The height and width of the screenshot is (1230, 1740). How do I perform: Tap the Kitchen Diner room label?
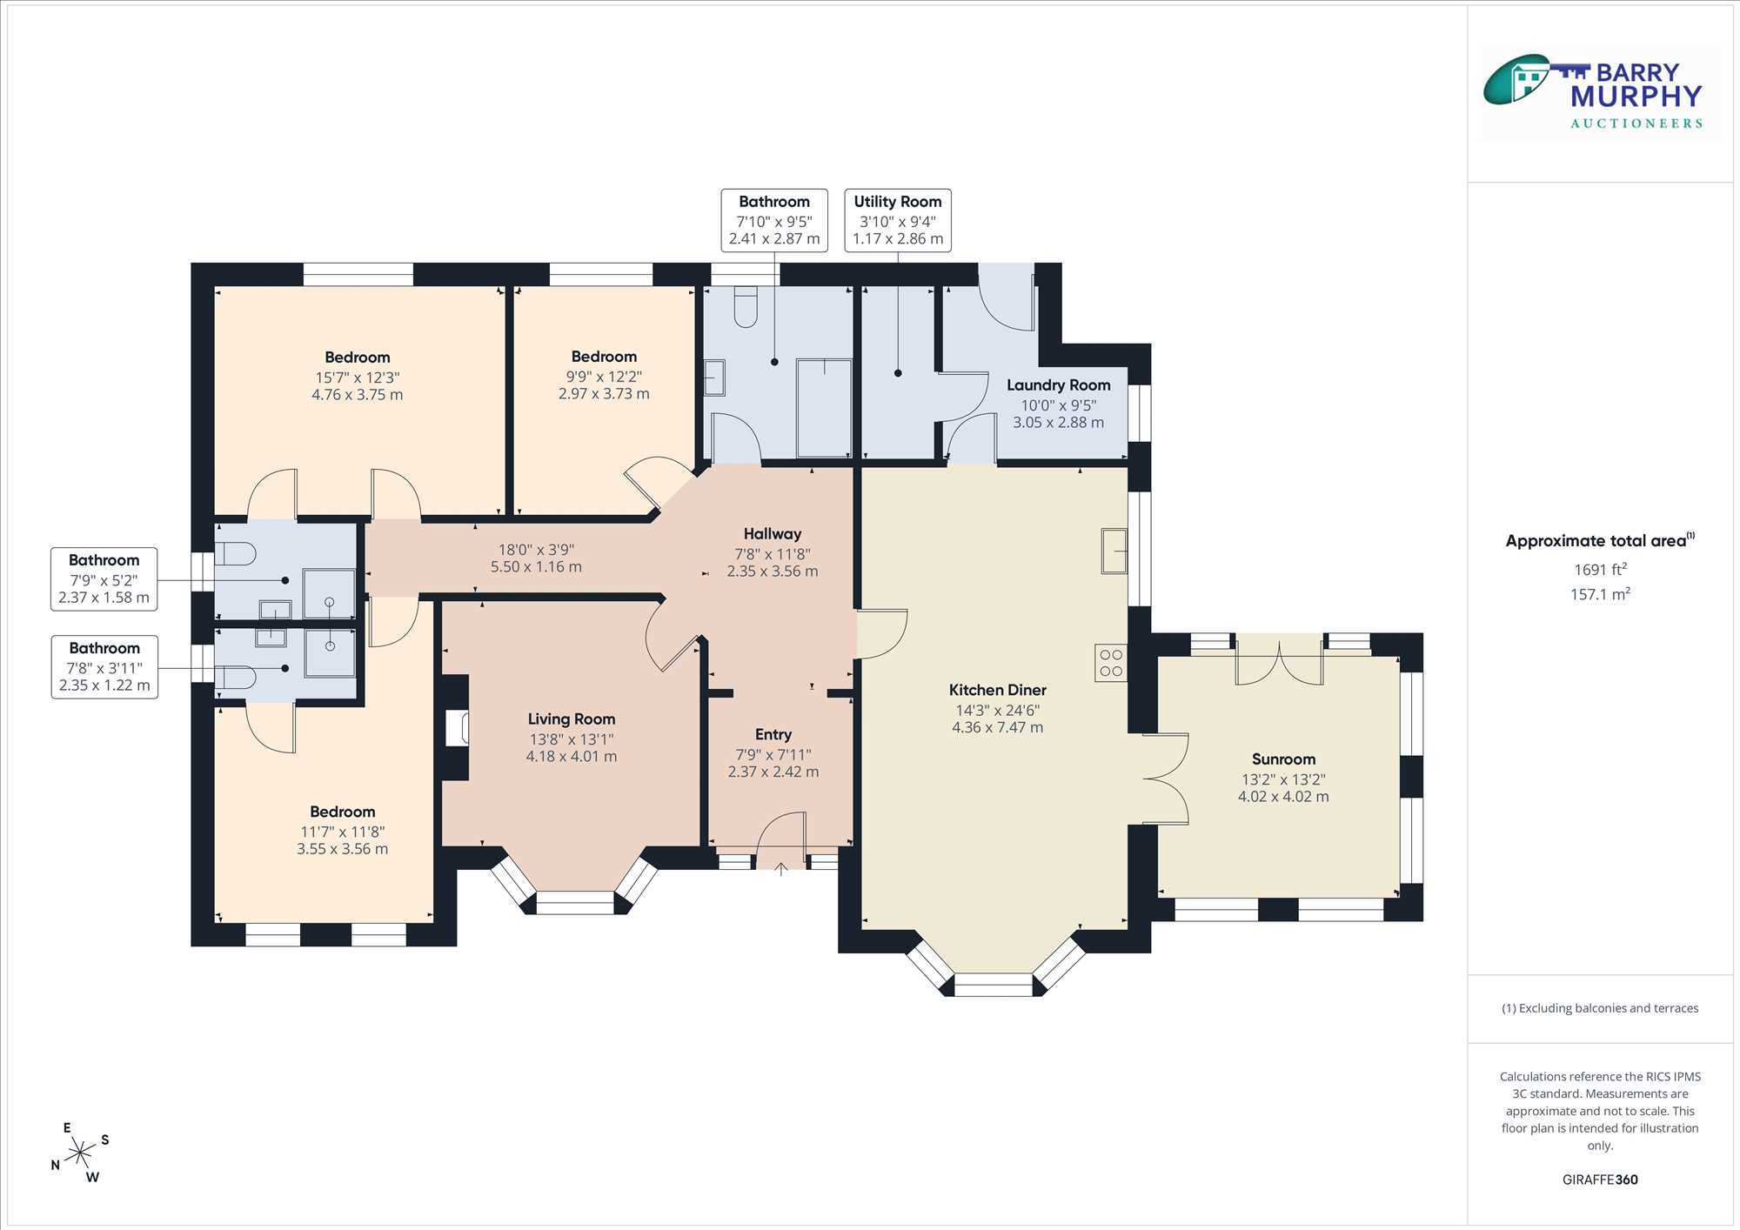coord(997,690)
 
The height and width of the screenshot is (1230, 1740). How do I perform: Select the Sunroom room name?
coord(1283,759)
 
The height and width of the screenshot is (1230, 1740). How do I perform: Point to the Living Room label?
coord(572,719)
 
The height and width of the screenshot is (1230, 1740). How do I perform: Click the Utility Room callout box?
coord(898,220)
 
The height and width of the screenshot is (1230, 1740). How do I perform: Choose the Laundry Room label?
coord(1058,385)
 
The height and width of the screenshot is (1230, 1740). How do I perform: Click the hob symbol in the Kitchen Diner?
coord(1111,662)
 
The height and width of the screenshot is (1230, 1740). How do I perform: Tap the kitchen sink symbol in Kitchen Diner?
coord(1114,551)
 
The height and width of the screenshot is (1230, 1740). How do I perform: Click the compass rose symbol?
coord(80,1153)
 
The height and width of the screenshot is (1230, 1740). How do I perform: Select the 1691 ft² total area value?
coord(1600,570)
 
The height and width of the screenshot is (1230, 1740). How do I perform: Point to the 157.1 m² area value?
coord(1600,594)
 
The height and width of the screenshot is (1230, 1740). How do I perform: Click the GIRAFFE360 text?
coord(1600,1180)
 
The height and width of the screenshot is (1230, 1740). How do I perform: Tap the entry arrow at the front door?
coord(781,868)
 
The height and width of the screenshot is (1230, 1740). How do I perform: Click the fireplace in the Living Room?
coord(457,728)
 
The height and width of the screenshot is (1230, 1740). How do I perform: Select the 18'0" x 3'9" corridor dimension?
coord(536,550)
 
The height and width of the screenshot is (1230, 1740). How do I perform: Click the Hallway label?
coord(773,534)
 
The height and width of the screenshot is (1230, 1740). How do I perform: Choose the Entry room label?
coord(773,735)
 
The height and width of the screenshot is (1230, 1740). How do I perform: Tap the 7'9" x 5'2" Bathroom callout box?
coord(104,579)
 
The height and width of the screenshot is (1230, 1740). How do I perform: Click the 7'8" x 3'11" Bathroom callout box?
coord(104,667)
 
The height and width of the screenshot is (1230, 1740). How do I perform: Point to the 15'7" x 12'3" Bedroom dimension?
coord(358,378)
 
